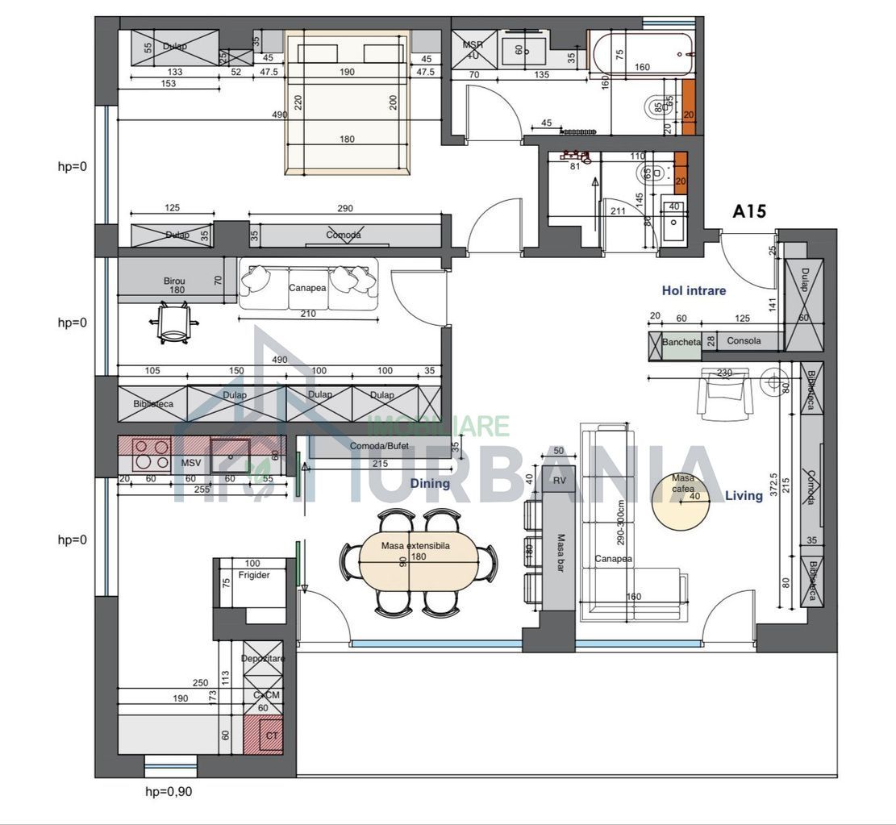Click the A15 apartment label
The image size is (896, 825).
[x=748, y=212]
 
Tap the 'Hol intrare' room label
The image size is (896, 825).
[x=694, y=290]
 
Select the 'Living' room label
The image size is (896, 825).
[x=743, y=495]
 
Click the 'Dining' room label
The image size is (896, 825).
[x=429, y=484]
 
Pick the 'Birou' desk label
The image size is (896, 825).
[x=174, y=281]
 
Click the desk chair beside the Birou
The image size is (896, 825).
[x=174, y=322]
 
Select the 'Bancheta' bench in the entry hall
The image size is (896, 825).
[x=681, y=342]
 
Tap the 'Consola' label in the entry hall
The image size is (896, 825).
[x=743, y=341]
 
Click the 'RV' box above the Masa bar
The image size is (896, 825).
[x=559, y=481]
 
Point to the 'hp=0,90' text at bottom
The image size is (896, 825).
[x=168, y=791]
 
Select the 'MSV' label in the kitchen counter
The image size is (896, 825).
[x=190, y=463]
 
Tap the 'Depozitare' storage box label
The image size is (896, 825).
[x=263, y=659]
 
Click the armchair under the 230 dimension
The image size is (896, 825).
[x=725, y=394]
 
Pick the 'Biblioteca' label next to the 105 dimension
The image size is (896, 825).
[x=153, y=404]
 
